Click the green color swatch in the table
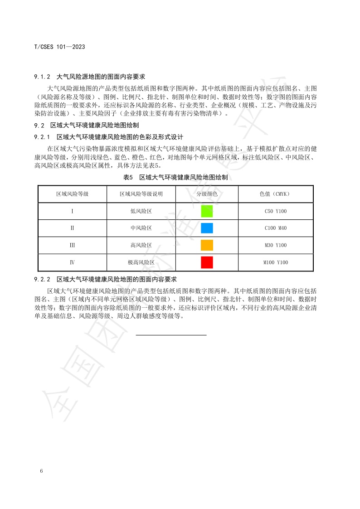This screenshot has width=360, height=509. coord(207,211)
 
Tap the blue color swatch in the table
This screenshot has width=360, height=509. coord(207,228)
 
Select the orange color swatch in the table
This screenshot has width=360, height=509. coord(207,245)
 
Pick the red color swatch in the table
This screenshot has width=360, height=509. coord(207,262)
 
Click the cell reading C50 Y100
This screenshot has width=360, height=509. coord(276,211)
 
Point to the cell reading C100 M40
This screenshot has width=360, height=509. coord(276,228)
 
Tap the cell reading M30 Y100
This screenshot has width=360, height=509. coord(276,245)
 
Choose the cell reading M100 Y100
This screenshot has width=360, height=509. coord(276,262)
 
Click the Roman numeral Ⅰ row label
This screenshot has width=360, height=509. coord(72,211)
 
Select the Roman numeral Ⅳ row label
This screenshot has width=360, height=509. coord(72,262)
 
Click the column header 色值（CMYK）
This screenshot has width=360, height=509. coord(276,194)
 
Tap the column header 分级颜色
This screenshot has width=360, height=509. coord(207,194)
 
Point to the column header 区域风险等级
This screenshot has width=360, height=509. coord(72,194)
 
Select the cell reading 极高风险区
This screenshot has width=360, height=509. coord(141,262)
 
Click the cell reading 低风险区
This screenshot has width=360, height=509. coord(141,211)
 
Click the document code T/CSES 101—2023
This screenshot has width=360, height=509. coord(60,47)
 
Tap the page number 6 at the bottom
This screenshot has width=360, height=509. coord(41,471)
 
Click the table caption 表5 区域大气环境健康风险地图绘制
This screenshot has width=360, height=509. coord(175,178)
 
